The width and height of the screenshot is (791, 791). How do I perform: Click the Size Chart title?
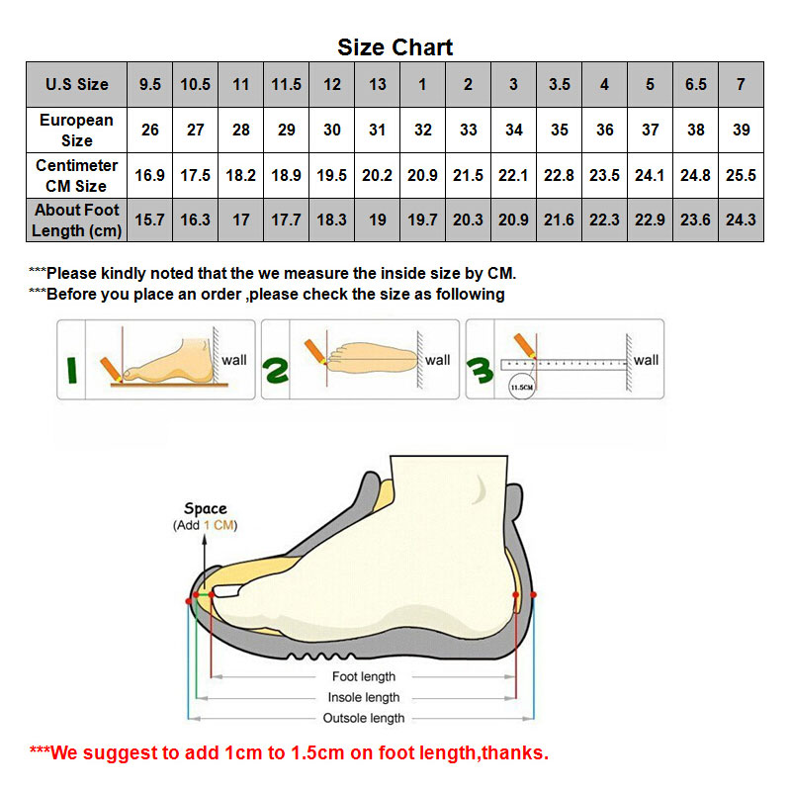(395, 47)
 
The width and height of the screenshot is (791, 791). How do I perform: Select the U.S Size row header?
(77, 84)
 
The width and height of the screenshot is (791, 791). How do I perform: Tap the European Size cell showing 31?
(378, 130)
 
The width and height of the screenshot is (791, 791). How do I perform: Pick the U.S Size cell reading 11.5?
(286, 84)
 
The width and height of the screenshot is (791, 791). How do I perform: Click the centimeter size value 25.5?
(741, 175)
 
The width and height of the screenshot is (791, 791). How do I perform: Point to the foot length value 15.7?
(150, 220)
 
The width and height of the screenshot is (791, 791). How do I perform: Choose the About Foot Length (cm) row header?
(77, 220)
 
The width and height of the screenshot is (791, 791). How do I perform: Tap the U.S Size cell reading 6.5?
(696, 84)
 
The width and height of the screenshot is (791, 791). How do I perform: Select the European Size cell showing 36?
(605, 130)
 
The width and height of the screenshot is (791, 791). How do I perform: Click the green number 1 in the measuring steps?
(71, 370)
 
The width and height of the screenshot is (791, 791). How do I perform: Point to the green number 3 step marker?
(480, 370)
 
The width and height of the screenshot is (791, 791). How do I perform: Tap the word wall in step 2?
(437, 360)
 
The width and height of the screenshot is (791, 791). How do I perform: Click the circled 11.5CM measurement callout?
(522, 388)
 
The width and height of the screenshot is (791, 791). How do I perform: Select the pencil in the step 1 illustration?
(111, 369)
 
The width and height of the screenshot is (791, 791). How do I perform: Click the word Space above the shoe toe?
(206, 508)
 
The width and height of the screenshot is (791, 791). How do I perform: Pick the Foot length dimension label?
(364, 676)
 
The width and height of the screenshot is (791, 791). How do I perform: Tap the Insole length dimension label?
(364, 697)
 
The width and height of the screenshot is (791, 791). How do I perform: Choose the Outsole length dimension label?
(364, 718)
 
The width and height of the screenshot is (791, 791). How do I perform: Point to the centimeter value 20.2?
(378, 175)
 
